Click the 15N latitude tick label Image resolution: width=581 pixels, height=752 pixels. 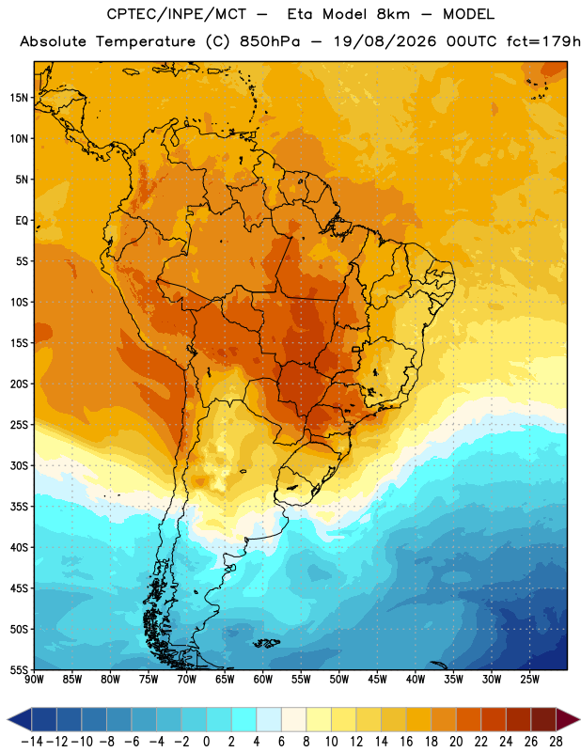19,98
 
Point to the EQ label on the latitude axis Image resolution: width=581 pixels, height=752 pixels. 22,221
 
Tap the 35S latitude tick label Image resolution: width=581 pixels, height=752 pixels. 19,507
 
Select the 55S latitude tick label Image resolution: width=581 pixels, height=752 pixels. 19,670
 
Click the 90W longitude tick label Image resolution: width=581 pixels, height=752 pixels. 34,680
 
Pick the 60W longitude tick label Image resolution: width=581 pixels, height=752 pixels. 263,680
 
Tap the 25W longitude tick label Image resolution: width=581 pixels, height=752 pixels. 529,680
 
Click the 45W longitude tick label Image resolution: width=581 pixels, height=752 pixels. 377,680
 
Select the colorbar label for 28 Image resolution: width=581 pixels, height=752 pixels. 556,742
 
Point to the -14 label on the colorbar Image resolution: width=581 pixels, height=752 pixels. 32,742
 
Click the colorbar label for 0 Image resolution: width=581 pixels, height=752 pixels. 206,742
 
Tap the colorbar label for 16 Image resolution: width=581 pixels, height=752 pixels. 406,742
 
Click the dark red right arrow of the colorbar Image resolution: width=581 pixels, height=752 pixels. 567,719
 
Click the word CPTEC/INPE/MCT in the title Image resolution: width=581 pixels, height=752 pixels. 177,14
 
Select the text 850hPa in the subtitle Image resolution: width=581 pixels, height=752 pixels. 270,41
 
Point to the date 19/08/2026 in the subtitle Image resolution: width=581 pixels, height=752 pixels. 385,41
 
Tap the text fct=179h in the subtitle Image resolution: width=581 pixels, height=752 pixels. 542,41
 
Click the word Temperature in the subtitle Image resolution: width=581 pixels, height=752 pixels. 146,41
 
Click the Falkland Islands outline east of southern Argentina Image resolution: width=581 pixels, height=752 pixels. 266,643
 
